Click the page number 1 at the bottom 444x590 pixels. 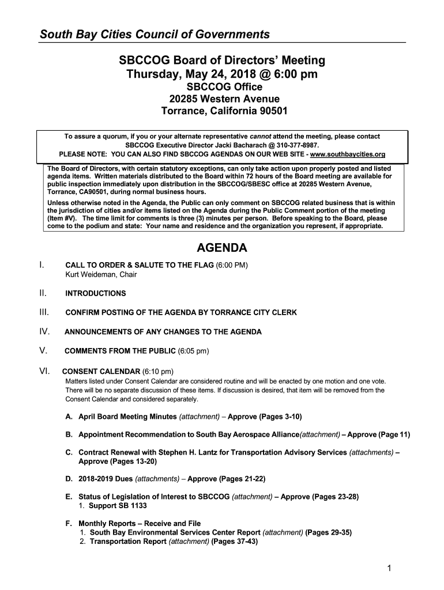(390, 569)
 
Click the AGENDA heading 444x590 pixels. (222, 248)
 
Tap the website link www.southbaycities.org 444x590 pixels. (348, 154)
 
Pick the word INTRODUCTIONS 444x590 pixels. (95, 293)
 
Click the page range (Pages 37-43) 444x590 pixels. (235, 542)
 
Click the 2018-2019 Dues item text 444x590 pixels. (106, 479)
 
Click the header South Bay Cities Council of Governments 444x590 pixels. (155, 35)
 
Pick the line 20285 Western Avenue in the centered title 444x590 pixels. (222, 99)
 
